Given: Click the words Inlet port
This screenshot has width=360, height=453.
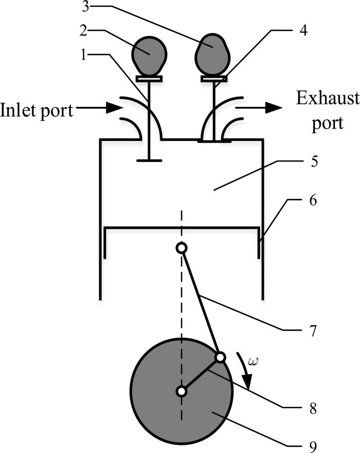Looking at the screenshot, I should point(37,110).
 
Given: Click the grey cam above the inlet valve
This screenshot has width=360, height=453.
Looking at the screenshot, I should point(150,55).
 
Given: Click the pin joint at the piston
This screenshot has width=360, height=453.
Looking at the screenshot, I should point(181,248).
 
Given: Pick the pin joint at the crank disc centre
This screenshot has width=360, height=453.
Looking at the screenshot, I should point(181,392).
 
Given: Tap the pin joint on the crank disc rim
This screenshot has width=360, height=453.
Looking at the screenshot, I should point(220,357).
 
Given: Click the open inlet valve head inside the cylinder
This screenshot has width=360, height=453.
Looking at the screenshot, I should point(149,160).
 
